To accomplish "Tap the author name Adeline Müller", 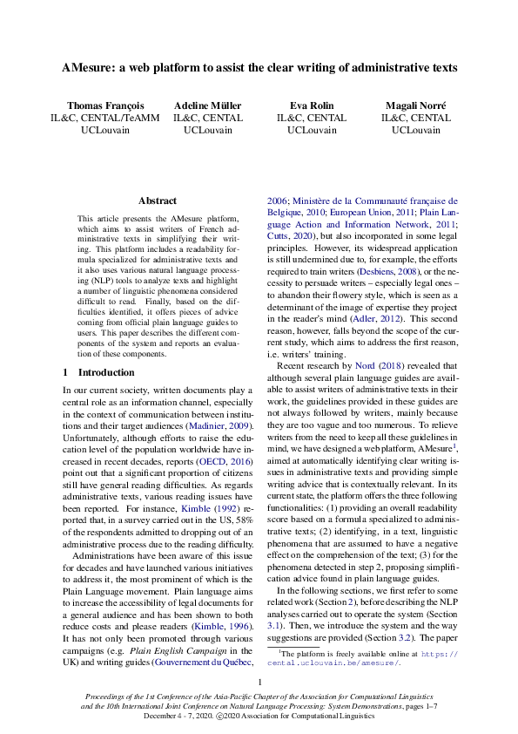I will click(x=207, y=105).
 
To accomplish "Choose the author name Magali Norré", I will click(x=415, y=105).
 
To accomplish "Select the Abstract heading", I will click(x=157, y=200).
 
